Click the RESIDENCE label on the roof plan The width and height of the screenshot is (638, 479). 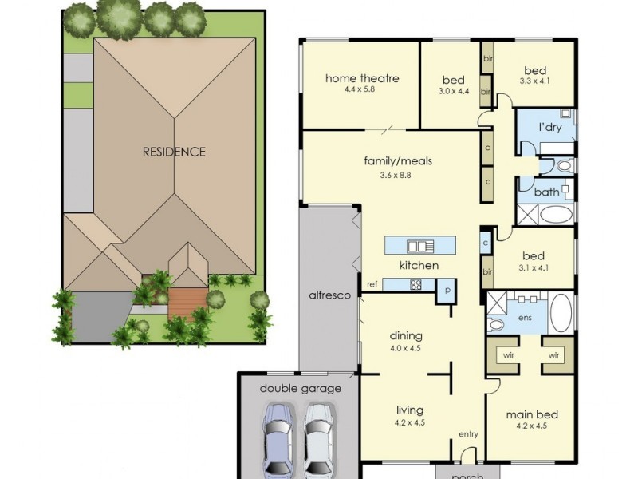pos(174,152)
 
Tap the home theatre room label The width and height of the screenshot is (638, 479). pos(361,79)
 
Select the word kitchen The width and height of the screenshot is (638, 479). pos(419,265)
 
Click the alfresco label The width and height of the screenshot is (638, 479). pos(330,295)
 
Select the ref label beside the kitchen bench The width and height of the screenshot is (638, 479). pos(372,284)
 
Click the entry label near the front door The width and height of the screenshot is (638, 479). pos(468,434)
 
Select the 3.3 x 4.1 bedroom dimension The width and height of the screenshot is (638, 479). pos(534,81)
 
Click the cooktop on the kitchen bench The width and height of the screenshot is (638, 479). pos(415,284)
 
